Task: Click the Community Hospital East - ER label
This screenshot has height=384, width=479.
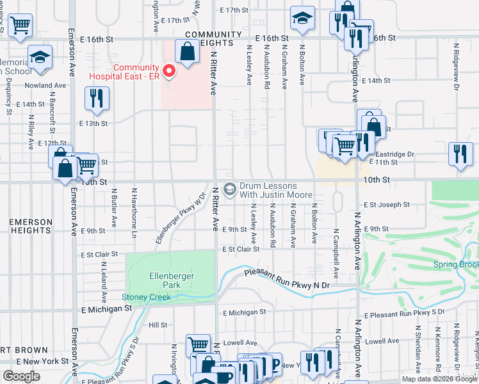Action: pyautogui.click(x=136, y=72)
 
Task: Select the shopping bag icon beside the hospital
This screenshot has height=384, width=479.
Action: pyautogui.click(x=187, y=52)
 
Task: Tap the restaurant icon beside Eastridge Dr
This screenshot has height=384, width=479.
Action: pyautogui.click(x=460, y=154)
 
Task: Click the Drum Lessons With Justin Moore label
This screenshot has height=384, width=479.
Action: pyautogui.click(x=276, y=190)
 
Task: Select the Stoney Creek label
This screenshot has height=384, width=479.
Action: pyautogui.click(x=147, y=297)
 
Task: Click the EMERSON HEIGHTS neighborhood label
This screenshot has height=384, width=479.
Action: pyautogui.click(x=31, y=227)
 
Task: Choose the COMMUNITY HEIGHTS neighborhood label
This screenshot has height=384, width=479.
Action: pyautogui.click(x=214, y=38)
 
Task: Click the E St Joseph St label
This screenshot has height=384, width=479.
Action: pyautogui.click(x=386, y=205)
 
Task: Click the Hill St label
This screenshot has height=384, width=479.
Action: pyautogui.click(x=158, y=325)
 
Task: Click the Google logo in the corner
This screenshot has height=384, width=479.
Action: pyautogui.click(x=21, y=376)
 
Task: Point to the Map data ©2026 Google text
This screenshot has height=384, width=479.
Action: pyautogui.click(x=439, y=379)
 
